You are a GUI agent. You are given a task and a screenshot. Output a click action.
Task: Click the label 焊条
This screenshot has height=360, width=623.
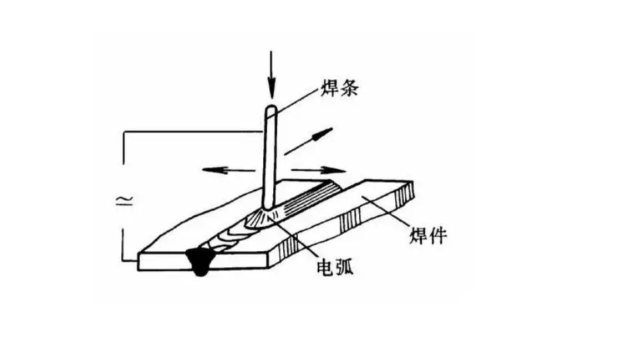tap(339, 88)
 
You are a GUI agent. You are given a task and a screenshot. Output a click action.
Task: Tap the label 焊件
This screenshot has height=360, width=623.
tap(428, 235)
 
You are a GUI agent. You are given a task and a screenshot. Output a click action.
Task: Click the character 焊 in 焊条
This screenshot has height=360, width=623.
tap(330, 88)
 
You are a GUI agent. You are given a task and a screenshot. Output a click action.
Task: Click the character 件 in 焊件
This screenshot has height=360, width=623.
tap(438, 235)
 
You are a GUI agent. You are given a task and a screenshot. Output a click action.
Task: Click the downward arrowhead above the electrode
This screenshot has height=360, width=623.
tap(271, 89)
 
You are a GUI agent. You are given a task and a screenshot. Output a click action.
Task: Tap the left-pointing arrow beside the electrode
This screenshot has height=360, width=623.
tap(229, 171)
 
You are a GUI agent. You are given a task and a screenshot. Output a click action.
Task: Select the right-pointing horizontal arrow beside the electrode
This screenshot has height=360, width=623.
tap(318, 171)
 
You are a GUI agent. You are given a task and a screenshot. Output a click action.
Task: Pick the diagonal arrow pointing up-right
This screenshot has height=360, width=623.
tap(309, 141)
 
